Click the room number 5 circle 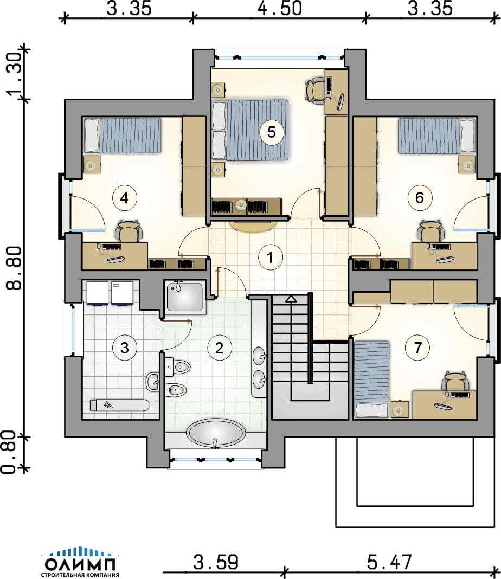point(271,132)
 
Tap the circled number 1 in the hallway point(270,257)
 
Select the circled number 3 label point(124,348)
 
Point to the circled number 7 point(418,347)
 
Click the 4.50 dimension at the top point(279,8)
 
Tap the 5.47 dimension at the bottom point(389,562)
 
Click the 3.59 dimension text point(216,562)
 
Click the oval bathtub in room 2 point(216,433)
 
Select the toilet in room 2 point(178,367)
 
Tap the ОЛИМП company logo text point(80,564)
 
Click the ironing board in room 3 point(120,405)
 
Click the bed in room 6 point(437,136)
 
